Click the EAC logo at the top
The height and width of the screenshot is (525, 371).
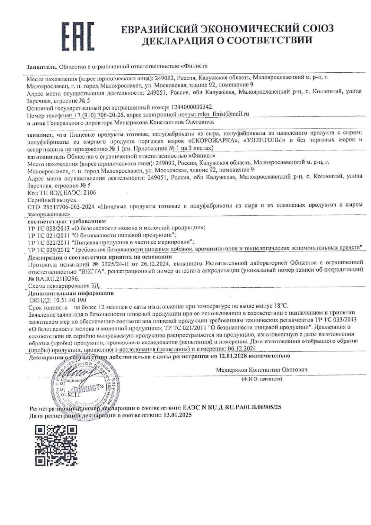[78, 36]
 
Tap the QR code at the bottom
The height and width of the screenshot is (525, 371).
[56, 446]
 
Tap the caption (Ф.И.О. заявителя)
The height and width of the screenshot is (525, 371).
[261, 379]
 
